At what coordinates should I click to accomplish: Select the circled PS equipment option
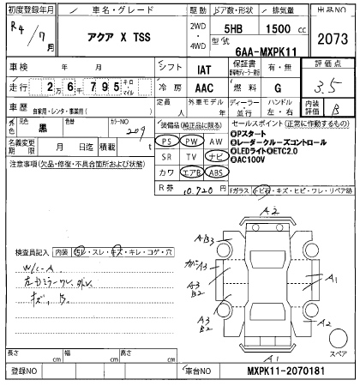coord(171,140)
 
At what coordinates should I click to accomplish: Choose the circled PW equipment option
coord(195,140)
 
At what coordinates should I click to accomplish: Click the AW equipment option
coord(215,140)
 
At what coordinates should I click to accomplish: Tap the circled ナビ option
coord(216,156)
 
